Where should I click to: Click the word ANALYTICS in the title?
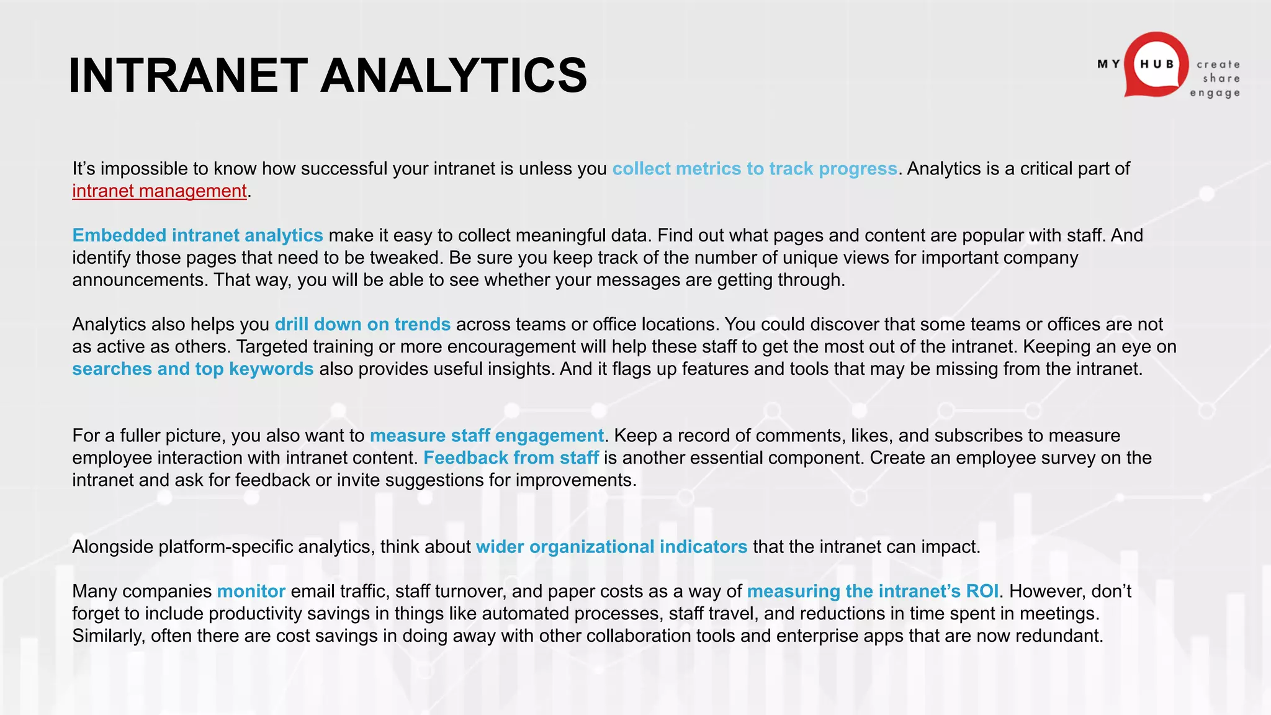(x=454, y=76)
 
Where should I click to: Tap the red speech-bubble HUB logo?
(x=1156, y=65)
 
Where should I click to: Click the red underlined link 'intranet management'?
(x=159, y=191)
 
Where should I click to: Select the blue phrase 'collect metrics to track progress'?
(x=755, y=169)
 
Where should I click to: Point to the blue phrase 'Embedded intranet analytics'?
(x=197, y=236)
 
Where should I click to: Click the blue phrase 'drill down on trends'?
(x=362, y=325)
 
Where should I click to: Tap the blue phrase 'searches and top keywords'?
(x=192, y=369)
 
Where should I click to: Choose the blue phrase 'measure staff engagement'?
(x=487, y=436)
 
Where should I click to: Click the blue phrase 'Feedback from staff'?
(x=511, y=458)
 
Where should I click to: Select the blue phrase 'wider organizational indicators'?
(x=611, y=547)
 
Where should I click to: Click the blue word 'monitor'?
(x=251, y=591)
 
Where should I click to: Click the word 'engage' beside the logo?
(x=1215, y=93)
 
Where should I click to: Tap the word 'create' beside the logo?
(x=1218, y=65)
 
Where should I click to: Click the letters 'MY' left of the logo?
(x=1108, y=64)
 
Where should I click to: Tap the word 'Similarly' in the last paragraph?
(x=108, y=636)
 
